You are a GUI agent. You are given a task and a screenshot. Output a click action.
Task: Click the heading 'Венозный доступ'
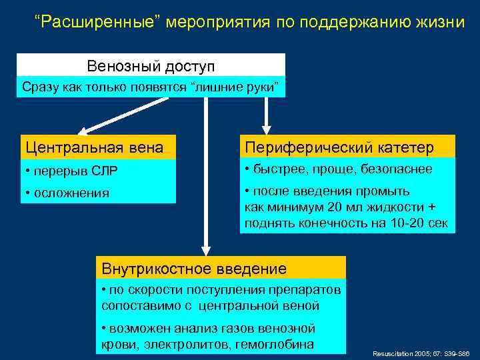pos(151,67)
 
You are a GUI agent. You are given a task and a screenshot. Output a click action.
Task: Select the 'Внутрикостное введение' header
pos(194,269)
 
